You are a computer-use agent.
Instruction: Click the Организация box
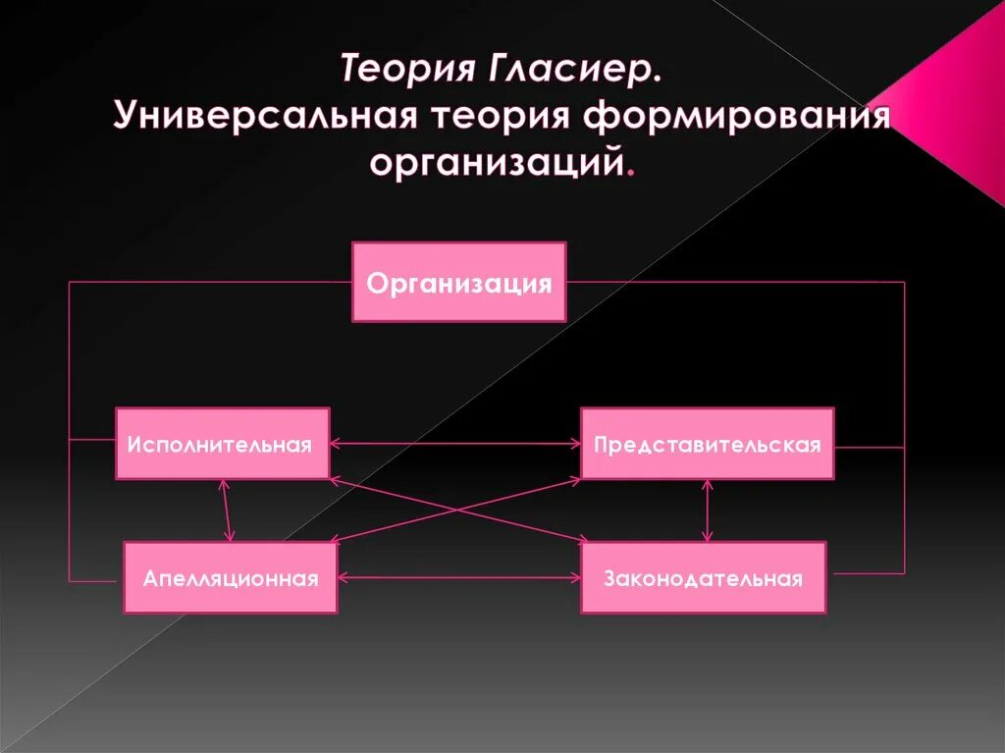click(x=458, y=282)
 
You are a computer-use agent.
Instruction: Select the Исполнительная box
click(x=222, y=444)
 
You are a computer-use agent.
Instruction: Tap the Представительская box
click(x=707, y=444)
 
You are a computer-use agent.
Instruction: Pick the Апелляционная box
click(x=230, y=577)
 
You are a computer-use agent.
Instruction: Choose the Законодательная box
click(x=703, y=577)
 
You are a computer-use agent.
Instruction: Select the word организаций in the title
click(x=497, y=163)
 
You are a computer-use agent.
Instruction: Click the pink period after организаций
click(x=628, y=171)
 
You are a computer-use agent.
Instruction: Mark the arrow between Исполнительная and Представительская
click(x=455, y=444)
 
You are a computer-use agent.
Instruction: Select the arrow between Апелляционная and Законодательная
click(x=458, y=577)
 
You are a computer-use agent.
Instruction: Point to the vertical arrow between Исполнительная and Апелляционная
click(x=227, y=510)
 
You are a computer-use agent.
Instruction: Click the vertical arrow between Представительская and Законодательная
click(x=707, y=510)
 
